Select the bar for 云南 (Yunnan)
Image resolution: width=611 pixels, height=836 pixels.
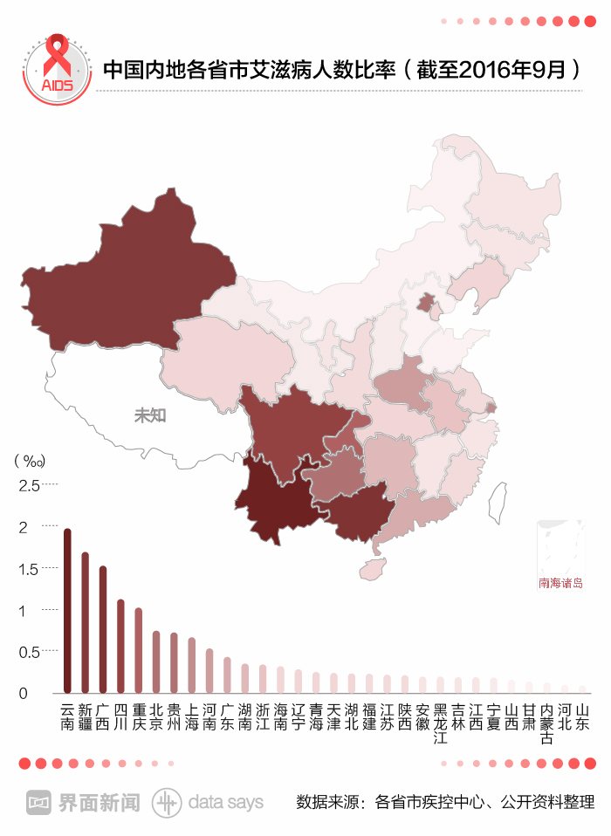click(x=67, y=611)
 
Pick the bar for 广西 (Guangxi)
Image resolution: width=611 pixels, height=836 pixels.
click(x=103, y=628)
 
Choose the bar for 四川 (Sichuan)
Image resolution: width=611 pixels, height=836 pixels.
click(x=120, y=646)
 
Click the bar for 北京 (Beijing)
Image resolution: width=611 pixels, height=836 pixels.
click(x=156, y=661)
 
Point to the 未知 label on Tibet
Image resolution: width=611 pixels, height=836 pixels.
click(x=150, y=415)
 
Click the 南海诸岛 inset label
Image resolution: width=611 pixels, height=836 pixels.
click(x=560, y=583)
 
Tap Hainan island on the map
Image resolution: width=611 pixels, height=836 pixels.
click(x=373, y=569)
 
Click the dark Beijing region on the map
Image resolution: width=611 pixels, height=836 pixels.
click(x=426, y=303)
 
